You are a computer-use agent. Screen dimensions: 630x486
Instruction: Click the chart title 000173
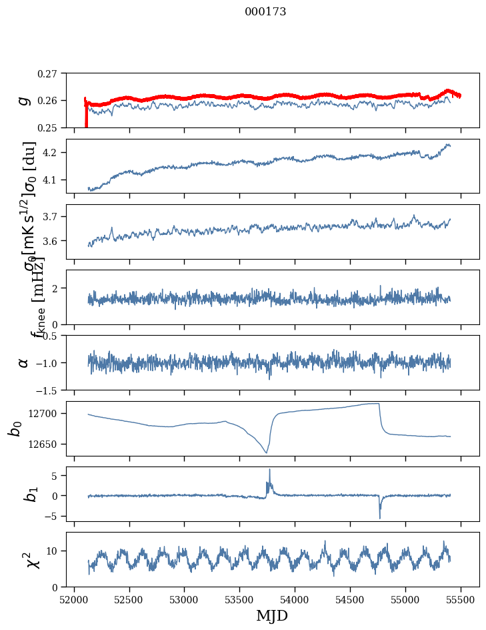(265, 11)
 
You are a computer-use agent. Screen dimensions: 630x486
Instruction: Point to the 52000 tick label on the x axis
(74, 598)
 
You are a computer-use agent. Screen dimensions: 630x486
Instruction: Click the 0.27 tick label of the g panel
(47, 73)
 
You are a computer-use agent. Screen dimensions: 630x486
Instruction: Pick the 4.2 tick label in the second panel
(52, 153)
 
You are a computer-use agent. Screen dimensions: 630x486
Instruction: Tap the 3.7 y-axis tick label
(52, 217)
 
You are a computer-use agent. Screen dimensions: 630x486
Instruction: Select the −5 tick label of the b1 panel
(53, 516)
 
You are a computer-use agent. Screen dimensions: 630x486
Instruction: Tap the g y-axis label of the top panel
(24, 100)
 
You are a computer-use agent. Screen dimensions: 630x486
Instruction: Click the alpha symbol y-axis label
(24, 362)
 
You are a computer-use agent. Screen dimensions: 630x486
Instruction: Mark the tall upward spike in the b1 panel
(269, 470)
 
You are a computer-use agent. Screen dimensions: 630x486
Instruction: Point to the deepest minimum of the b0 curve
(266, 452)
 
